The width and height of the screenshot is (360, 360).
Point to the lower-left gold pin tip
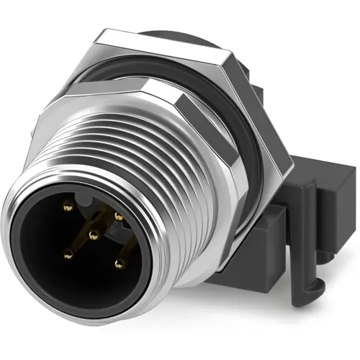pyautogui.click(x=68, y=253)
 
